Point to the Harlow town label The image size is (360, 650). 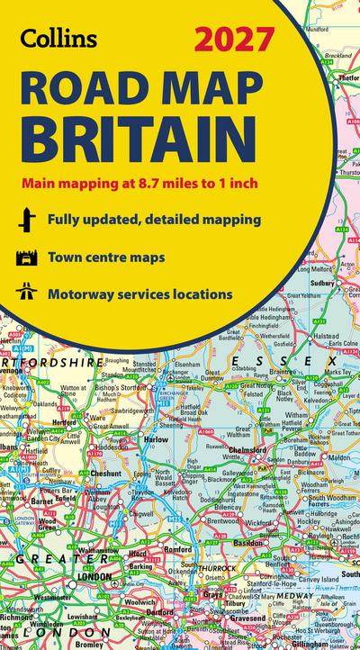[x=157, y=440]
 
